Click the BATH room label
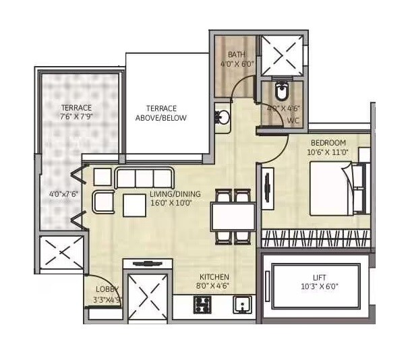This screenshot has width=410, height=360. click(x=236, y=55)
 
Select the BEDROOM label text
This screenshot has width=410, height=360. click(x=328, y=143)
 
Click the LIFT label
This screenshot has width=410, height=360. click(x=320, y=277)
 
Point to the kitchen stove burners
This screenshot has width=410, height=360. click(x=202, y=305)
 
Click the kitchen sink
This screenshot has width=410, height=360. click(x=242, y=305)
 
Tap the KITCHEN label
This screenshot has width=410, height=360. click(x=214, y=277)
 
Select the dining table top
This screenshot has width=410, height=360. click(x=233, y=216)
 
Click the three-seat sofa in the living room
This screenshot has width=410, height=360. click(x=144, y=179)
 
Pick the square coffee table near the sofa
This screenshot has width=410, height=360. click(x=135, y=204)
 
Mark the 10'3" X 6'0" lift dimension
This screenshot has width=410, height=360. click(x=320, y=286)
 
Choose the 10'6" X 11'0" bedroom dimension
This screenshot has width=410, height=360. click(x=328, y=152)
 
